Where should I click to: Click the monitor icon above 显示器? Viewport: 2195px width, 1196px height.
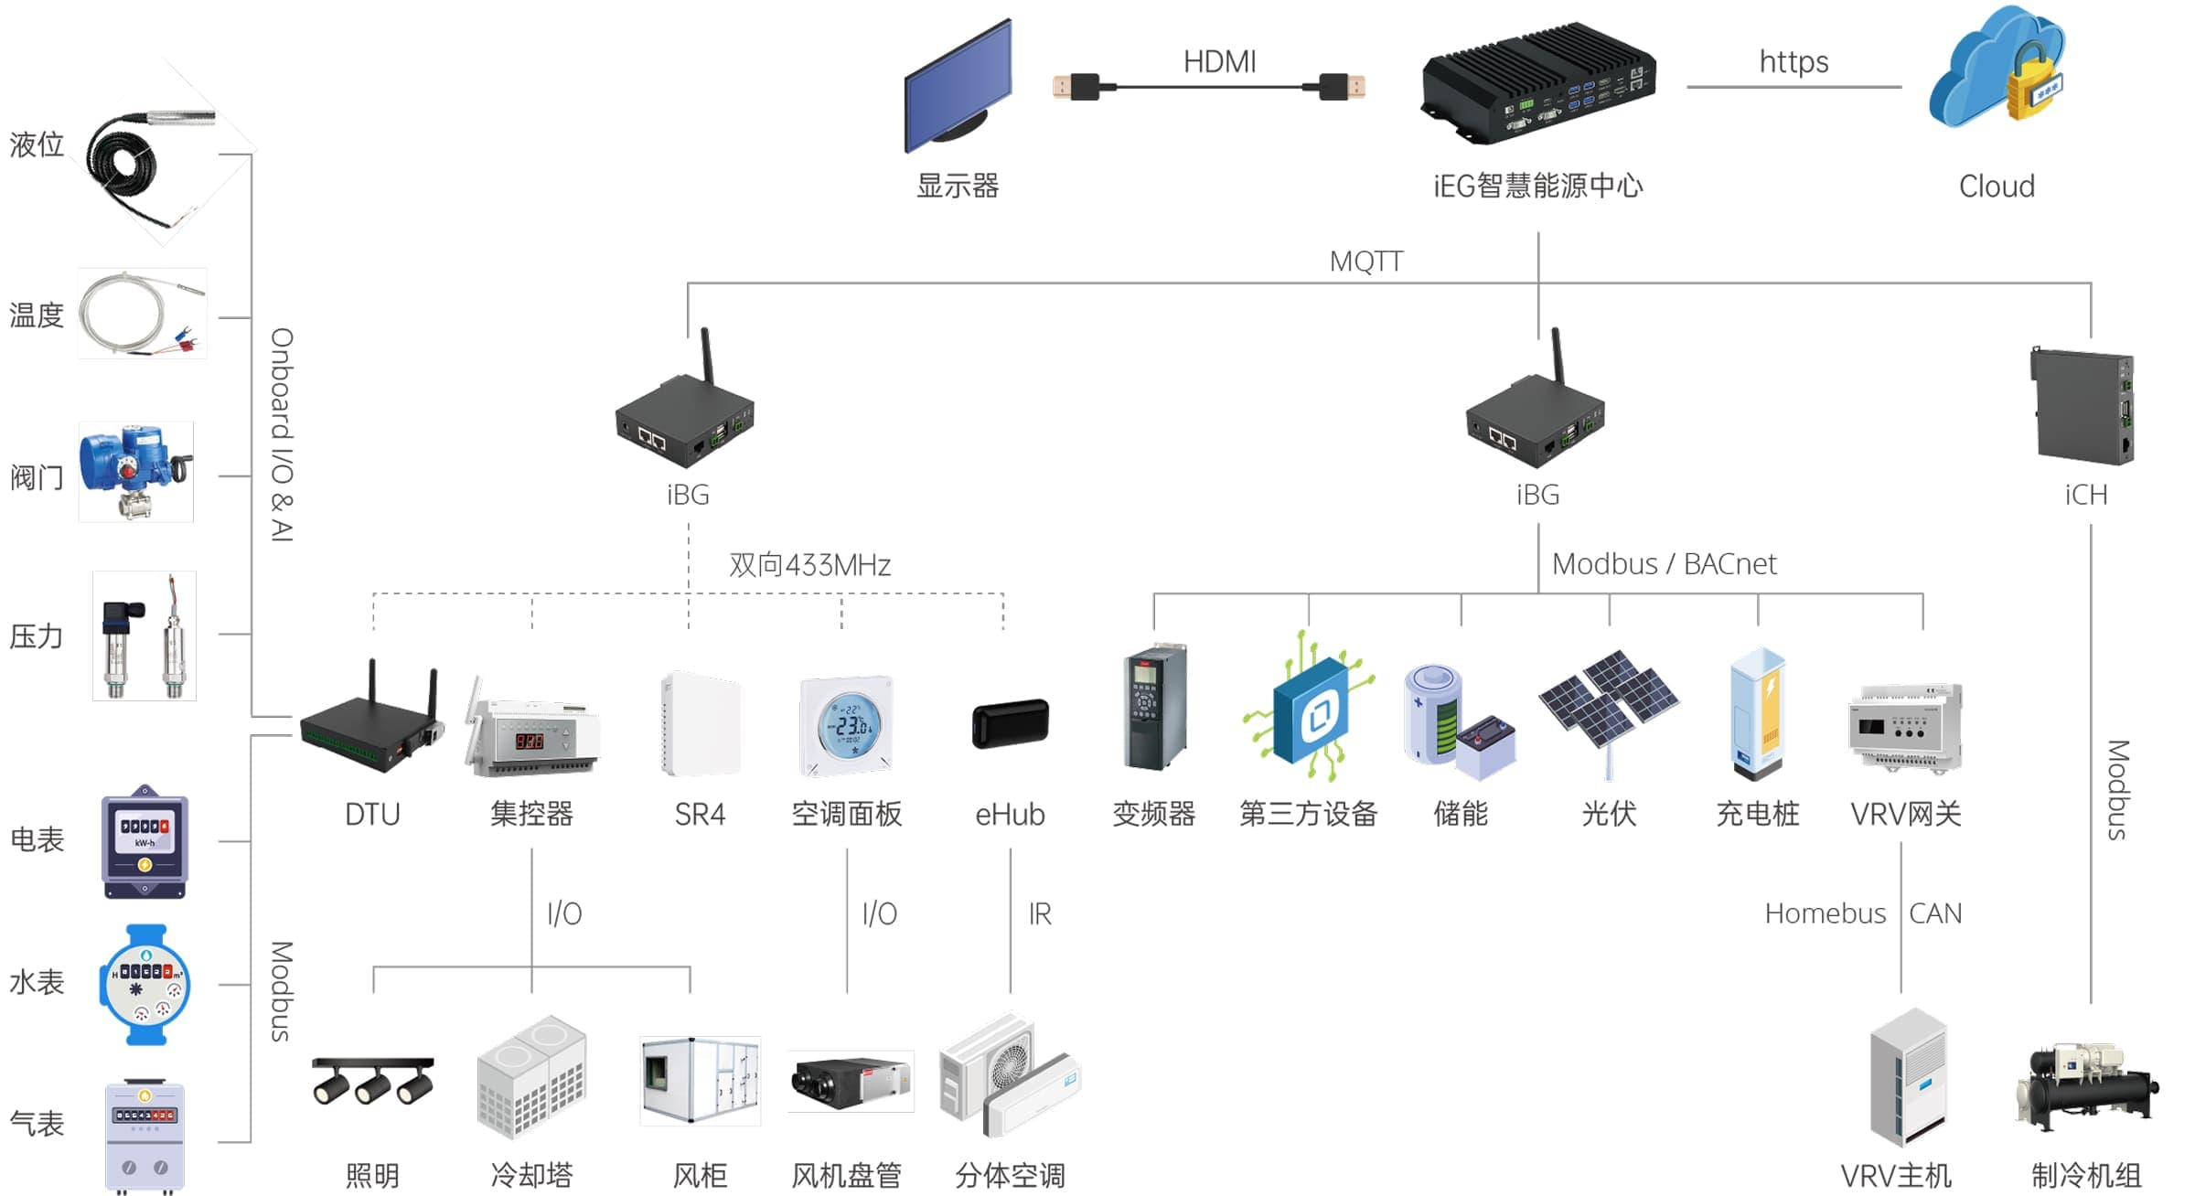click(958, 85)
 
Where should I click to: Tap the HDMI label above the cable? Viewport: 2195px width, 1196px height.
click(1219, 61)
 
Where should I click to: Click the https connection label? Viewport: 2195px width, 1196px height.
click(1793, 61)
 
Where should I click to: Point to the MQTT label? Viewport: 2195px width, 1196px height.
click(1365, 262)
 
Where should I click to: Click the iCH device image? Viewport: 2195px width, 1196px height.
click(2083, 406)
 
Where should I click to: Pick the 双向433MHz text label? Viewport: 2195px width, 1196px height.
click(809, 565)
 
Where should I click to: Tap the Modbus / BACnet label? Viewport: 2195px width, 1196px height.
click(1664, 564)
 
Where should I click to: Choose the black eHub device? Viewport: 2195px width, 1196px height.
click(1010, 724)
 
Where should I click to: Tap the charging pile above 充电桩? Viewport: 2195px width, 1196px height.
click(1757, 713)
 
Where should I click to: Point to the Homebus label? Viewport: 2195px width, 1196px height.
click(1825, 913)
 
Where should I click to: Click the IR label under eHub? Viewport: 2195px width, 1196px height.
click(1040, 913)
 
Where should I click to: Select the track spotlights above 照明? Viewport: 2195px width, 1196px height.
click(372, 1081)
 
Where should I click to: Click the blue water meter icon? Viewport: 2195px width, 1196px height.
click(145, 984)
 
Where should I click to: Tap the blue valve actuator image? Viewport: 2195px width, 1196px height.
click(135, 470)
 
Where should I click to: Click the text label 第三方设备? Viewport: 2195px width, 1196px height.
click(1308, 813)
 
